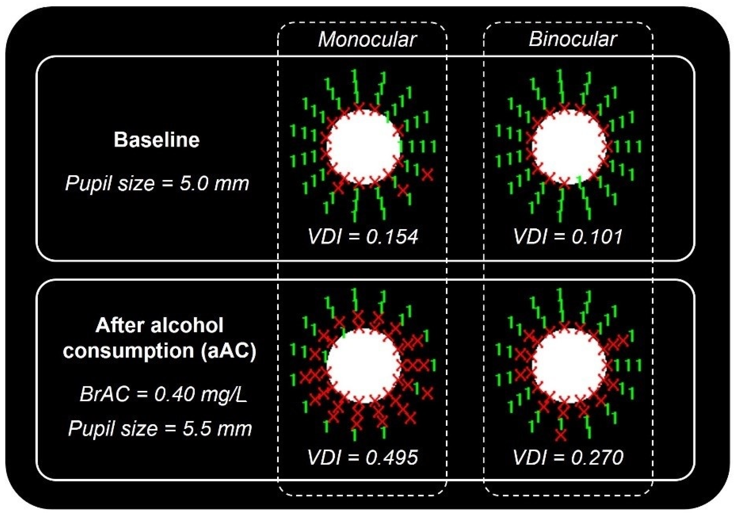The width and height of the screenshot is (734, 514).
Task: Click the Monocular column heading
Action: coord(367,39)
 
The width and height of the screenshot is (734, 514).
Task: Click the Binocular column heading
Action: coord(572,39)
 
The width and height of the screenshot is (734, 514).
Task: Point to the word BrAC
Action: coord(105,394)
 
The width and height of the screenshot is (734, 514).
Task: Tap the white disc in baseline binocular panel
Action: coord(569,147)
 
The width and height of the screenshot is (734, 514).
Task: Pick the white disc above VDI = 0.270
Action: coord(569,366)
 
